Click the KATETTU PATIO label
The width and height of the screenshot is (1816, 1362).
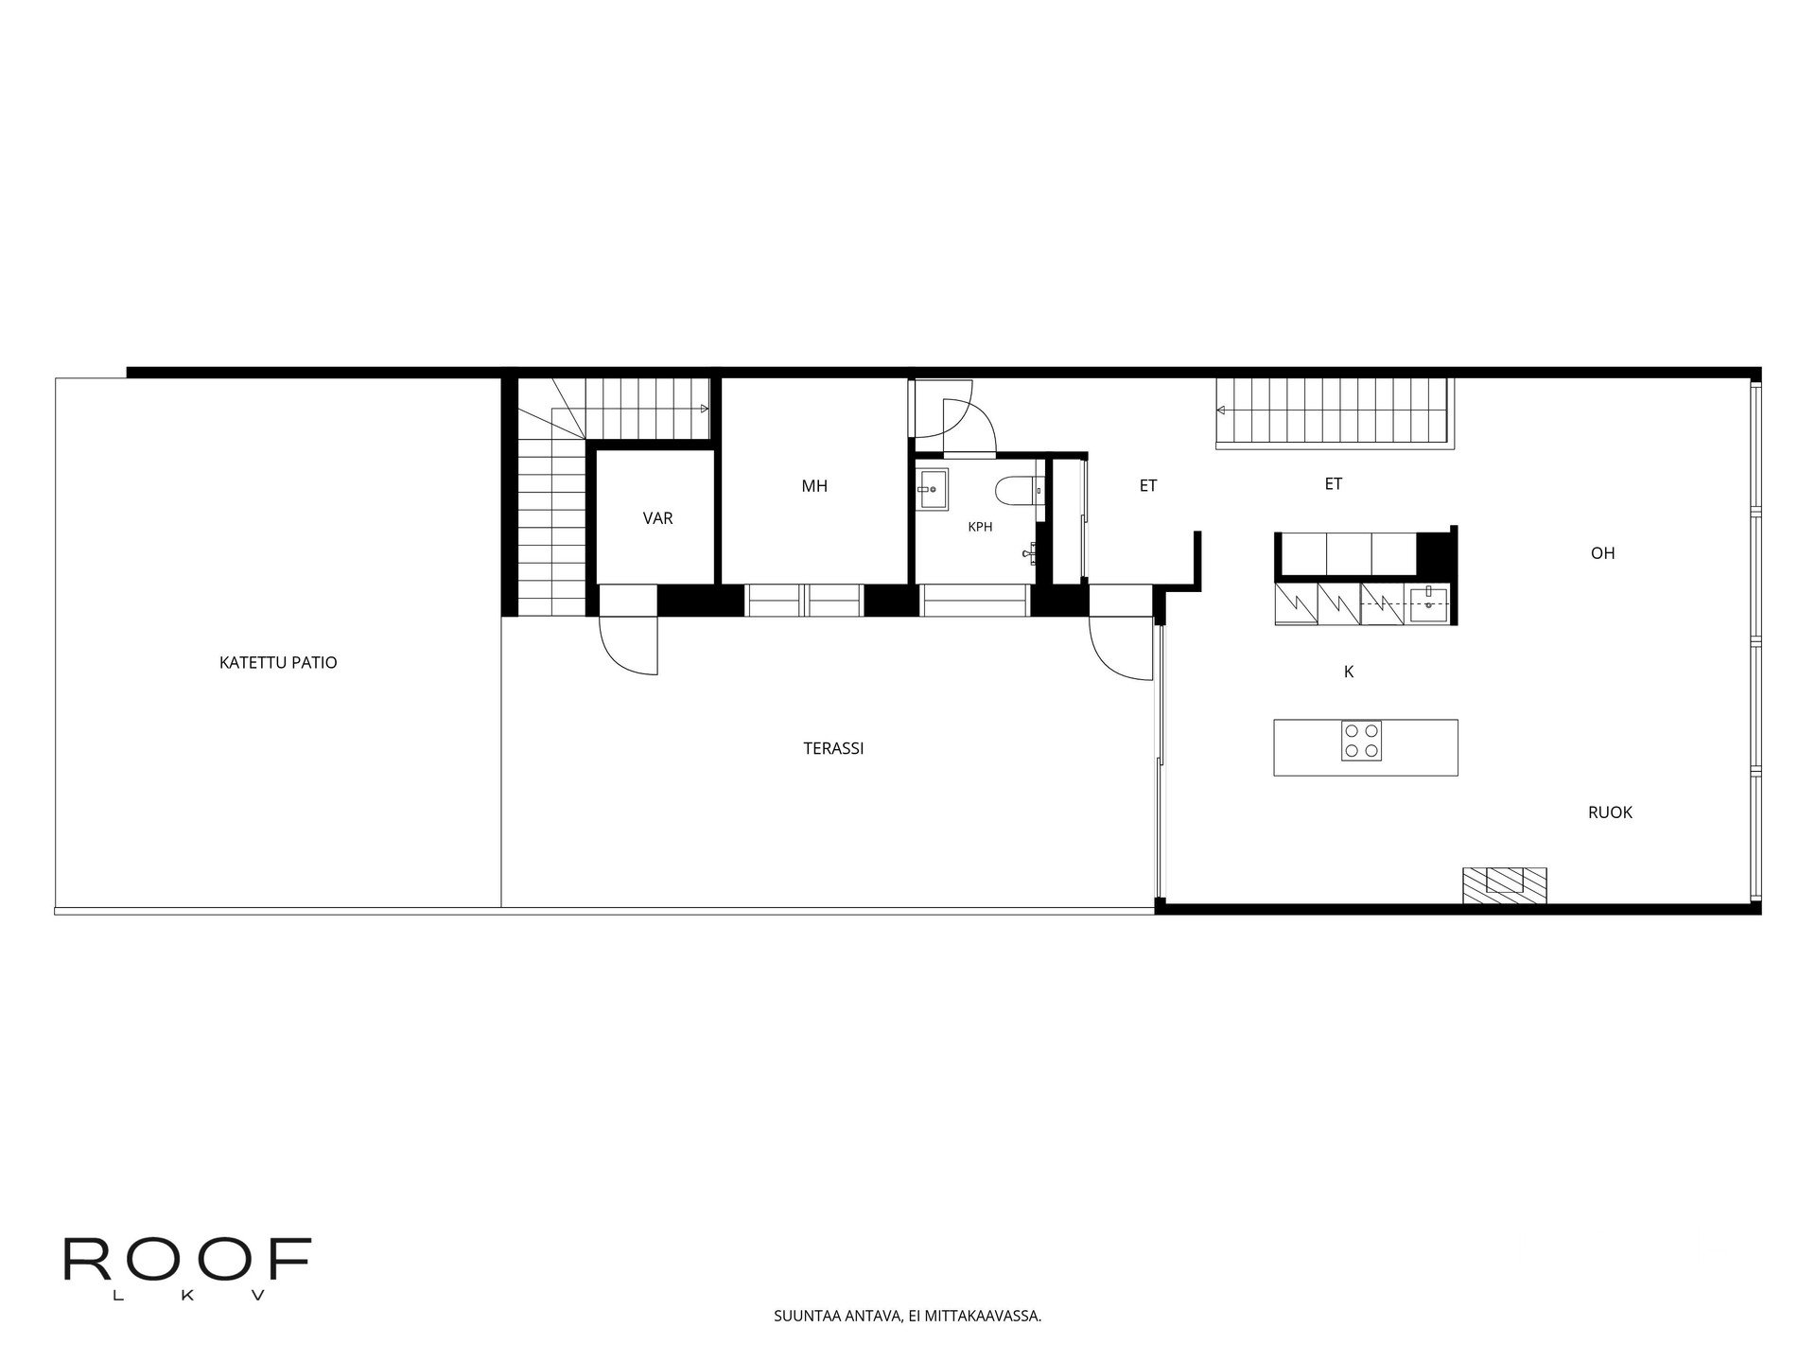click(278, 662)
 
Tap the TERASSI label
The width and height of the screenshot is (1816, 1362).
click(833, 748)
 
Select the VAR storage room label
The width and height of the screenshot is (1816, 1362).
click(657, 518)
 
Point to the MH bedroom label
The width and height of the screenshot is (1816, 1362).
click(814, 486)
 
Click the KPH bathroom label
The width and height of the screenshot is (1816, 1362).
click(980, 527)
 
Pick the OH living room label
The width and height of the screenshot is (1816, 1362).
click(1602, 553)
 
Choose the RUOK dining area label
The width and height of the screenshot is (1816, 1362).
click(1610, 812)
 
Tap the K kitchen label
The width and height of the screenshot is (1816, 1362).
click(1349, 672)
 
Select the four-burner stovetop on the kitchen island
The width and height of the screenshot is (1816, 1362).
click(1360, 741)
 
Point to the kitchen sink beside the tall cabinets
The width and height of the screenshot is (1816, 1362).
click(1427, 603)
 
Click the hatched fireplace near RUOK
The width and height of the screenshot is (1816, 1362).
click(1504, 884)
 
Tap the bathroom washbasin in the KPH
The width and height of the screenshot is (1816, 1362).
click(932, 489)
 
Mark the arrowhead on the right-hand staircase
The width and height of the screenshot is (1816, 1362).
click(1221, 410)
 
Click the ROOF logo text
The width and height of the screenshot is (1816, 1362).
click(187, 1259)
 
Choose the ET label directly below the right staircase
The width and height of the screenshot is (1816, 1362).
click(1333, 484)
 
